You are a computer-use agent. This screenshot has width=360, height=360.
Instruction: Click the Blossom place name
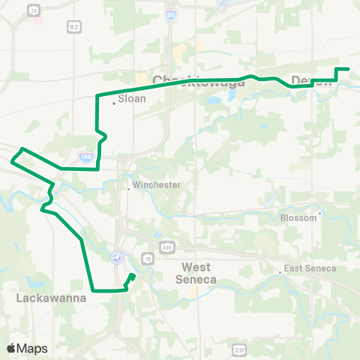point(298,218)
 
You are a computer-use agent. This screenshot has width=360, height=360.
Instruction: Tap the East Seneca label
point(310,268)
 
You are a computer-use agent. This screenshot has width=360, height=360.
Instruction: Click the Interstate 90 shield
point(172,35)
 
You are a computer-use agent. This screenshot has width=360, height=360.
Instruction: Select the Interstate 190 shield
point(85,157)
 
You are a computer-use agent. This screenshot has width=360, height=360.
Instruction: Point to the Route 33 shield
point(33,10)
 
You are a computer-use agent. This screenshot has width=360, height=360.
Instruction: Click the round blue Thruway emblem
point(116,257)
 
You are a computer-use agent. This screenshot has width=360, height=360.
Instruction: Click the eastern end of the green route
point(348,70)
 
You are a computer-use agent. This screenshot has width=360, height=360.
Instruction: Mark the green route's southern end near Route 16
point(133,276)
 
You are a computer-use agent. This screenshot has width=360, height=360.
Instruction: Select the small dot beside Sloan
point(114,103)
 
